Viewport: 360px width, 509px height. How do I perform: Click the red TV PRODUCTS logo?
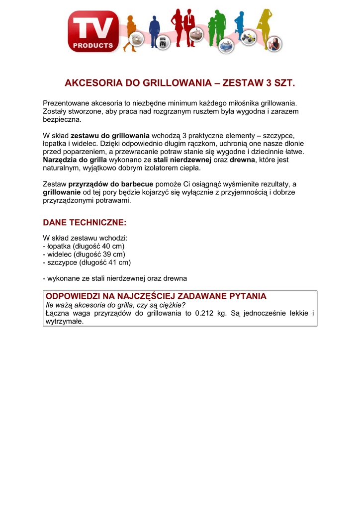tap(93, 32)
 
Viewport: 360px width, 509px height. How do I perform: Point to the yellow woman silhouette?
tap(264, 27)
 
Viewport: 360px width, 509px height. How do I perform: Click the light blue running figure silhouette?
tap(240, 25)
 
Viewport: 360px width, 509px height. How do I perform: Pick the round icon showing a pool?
tap(226, 44)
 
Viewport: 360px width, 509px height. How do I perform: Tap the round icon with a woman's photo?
tap(274, 44)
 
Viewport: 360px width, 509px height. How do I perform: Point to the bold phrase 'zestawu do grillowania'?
tap(110, 136)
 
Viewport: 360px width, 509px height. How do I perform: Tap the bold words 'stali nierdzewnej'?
tap(182, 160)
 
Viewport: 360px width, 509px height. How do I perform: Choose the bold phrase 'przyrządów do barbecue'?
tap(111, 184)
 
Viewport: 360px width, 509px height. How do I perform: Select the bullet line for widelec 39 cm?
tap(84, 254)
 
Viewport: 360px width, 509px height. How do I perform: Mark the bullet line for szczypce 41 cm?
tap(87, 262)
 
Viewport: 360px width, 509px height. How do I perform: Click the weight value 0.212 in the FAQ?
tap(205, 313)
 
